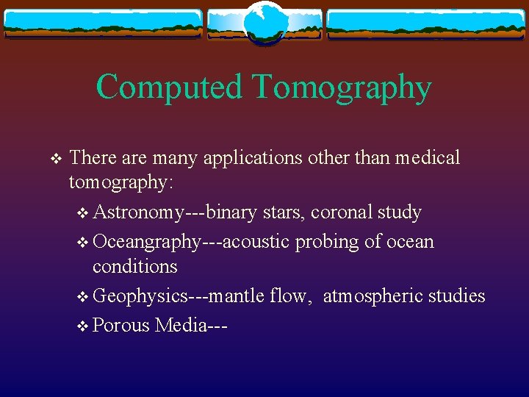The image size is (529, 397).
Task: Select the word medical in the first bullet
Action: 428,157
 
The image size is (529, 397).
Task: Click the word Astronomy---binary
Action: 176,213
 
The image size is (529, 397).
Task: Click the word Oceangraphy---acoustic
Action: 192,242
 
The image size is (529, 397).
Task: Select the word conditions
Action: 135,266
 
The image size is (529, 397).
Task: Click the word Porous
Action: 121,325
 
